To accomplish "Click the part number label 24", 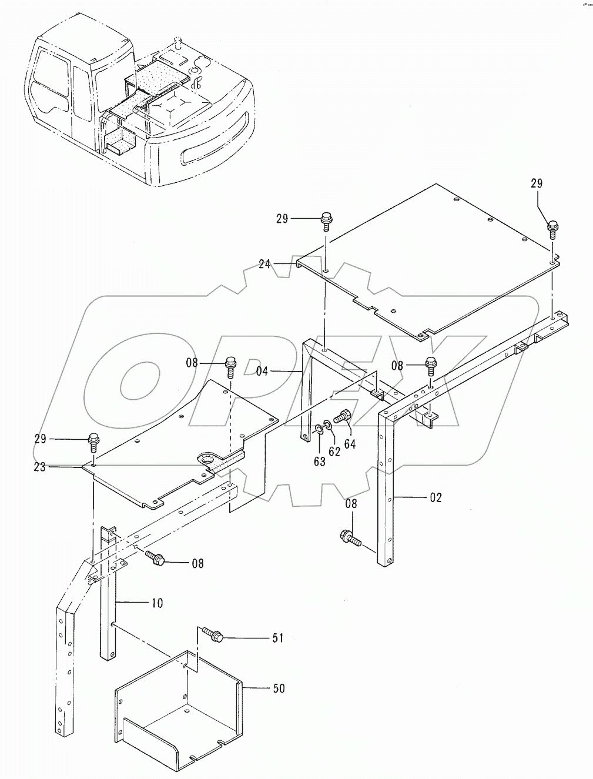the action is (x=264, y=265).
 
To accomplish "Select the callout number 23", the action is (x=40, y=467).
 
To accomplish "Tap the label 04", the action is (x=263, y=372).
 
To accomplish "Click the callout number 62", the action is (x=334, y=452).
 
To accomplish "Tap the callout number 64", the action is (x=350, y=444).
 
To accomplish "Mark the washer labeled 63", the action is (x=319, y=430).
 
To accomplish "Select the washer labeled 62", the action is (x=328, y=425).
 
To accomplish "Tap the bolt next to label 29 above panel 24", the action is (x=326, y=222).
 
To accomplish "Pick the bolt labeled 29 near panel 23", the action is (x=93, y=442).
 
